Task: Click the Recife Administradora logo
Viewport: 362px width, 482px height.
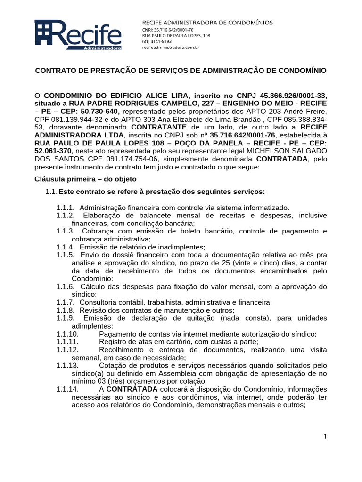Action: tap(78, 35)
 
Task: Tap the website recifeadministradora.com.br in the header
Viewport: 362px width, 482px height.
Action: tap(171, 47)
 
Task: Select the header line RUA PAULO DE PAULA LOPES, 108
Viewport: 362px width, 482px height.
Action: tap(176, 36)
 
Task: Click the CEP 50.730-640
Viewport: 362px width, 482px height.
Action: tap(103, 111)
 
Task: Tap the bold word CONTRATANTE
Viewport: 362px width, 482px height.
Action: tap(157, 127)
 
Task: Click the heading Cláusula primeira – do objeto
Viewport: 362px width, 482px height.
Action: tap(86, 179)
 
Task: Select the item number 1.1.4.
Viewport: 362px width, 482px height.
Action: tap(66, 247)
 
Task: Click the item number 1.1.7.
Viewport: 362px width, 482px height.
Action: tap(66, 302)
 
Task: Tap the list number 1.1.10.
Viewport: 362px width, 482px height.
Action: tap(67, 334)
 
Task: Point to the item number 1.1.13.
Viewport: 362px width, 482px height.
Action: tap(67, 366)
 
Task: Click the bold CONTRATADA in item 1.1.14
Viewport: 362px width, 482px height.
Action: tap(132, 390)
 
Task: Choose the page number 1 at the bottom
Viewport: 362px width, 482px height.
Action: tap(325, 436)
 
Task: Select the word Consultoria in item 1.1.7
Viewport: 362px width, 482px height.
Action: tap(99, 302)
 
